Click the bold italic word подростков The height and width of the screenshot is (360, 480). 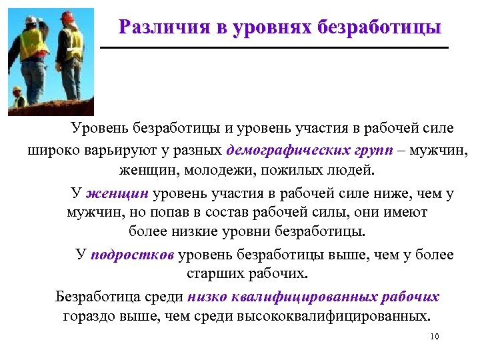click(132, 254)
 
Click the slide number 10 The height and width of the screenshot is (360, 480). click(435, 337)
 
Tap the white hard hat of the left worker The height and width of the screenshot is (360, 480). click(31, 19)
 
